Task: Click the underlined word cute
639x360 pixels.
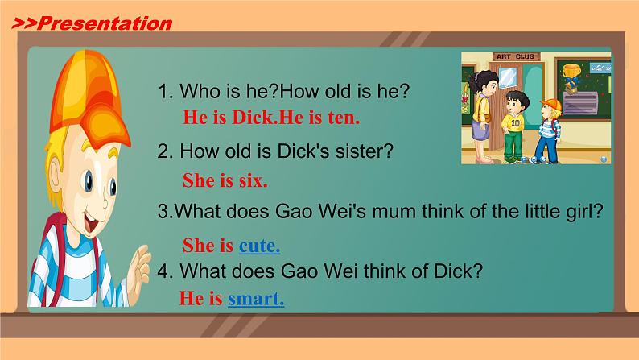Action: (259, 246)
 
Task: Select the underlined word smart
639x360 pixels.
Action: (256, 300)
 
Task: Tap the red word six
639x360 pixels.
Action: (253, 180)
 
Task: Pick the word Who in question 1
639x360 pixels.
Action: (200, 91)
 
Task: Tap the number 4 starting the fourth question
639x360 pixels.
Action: (163, 271)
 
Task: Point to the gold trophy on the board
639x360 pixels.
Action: (573, 75)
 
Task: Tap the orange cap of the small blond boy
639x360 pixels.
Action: (550, 104)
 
